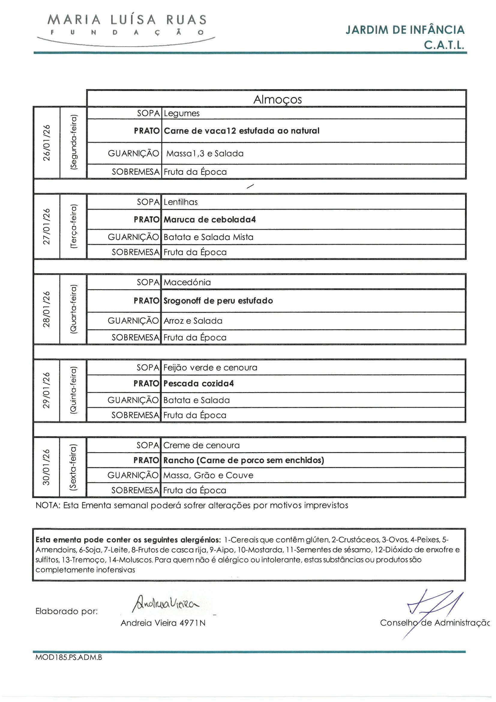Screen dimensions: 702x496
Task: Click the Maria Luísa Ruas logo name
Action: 127,20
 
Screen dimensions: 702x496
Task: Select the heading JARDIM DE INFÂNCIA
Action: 405,30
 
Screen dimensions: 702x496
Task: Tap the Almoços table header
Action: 277,99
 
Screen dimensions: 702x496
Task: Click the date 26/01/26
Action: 47,143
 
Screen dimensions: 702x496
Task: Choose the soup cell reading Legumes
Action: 182,113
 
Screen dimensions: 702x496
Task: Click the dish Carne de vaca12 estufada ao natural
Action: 242,131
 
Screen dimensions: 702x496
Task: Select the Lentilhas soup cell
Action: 181,202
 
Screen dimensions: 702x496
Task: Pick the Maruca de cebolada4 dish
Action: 210,219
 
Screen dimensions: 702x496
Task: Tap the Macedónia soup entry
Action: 187,282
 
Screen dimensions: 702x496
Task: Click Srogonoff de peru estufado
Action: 218,301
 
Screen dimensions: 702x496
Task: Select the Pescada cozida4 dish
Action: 199,384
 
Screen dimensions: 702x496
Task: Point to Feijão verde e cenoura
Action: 210,368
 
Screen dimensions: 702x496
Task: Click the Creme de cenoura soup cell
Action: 201,445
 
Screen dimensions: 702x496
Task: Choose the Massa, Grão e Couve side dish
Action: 208,475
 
